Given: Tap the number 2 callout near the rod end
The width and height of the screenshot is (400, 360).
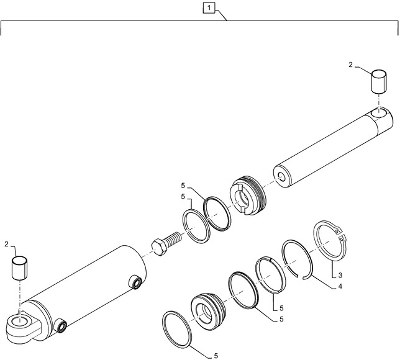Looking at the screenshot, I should click(x=350, y=65).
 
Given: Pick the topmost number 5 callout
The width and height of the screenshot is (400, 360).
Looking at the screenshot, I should click(x=183, y=186).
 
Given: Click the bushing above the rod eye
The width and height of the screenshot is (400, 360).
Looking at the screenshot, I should click(x=379, y=82).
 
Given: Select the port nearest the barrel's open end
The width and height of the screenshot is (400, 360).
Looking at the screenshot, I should click(x=135, y=284).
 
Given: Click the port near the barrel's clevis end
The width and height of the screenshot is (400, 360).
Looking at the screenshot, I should click(x=61, y=325).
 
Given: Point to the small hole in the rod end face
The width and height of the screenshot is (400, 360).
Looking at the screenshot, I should click(x=283, y=178).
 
